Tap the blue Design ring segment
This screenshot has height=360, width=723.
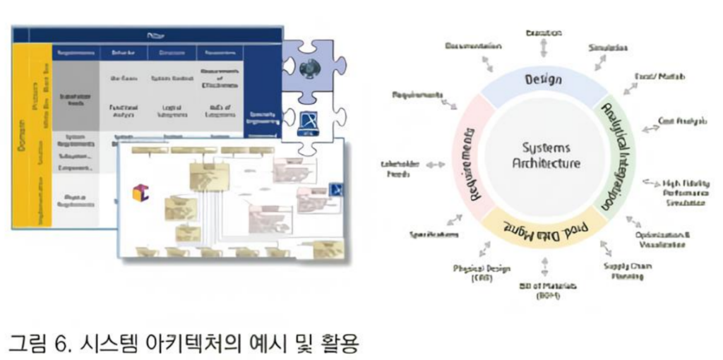pyautogui.click(x=543, y=79)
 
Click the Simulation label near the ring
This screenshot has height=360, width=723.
pyautogui.click(x=608, y=48)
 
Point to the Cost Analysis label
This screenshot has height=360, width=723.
pyautogui.click(x=682, y=121)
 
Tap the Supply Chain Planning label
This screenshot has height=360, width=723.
pyautogui.click(x=627, y=271)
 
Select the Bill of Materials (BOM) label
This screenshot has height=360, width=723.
pyautogui.click(x=544, y=290)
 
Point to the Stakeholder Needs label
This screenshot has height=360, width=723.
pyautogui.click(x=400, y=169)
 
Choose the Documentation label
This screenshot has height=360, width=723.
pyautogui.click(x=473, y=46)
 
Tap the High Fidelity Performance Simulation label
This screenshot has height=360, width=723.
pyautogui.click(x=684, y=192)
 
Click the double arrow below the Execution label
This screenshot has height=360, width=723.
pyautogui.click(x=543, y=47)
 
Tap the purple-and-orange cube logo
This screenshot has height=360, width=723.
pyautogui.click(x=140, y=192)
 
